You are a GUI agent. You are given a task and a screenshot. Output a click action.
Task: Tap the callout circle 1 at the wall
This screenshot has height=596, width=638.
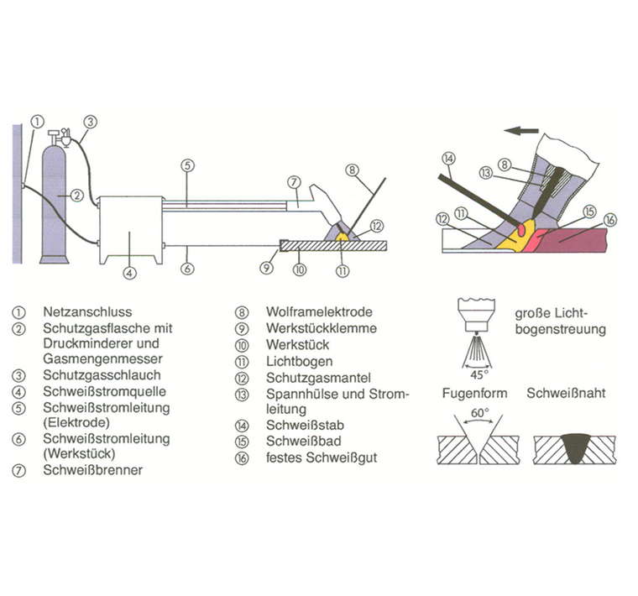(x=36, y=121)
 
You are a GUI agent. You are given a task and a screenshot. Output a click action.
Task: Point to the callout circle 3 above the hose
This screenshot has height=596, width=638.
(x=91, y=121)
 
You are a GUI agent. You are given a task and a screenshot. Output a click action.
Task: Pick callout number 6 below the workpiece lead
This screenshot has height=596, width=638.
(x=188, y=269)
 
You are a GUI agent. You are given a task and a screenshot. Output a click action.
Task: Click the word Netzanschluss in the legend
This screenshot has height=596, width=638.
(x=87, y=312)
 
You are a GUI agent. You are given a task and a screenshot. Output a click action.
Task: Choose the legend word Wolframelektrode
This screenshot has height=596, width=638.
(x=319, y=312)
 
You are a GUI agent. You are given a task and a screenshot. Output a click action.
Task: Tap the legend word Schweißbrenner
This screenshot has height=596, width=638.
(x=92, y=470)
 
